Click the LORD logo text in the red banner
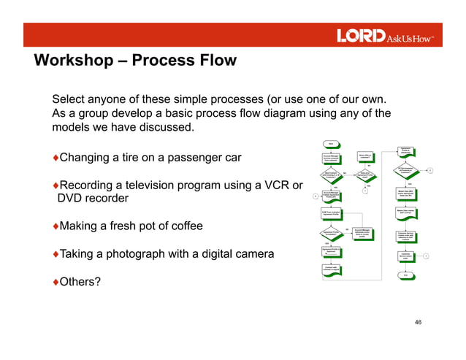click(360, 36)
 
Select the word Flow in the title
click(218, 61)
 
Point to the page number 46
click(419, 322)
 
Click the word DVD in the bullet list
click(72, 199)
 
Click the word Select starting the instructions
click(70, 99)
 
